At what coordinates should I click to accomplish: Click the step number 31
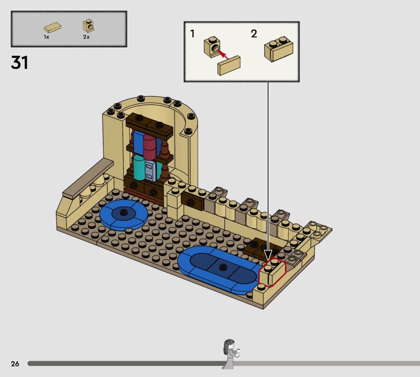19,62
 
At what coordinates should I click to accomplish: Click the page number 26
15,363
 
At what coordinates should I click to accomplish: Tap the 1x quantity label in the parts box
47,37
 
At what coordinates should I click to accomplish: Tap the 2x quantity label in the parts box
86,37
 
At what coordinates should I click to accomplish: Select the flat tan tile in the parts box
52,28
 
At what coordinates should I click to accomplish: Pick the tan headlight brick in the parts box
88,26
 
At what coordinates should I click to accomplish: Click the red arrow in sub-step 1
222,54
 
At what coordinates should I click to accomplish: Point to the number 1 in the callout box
192,34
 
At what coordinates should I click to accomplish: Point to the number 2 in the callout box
254,34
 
